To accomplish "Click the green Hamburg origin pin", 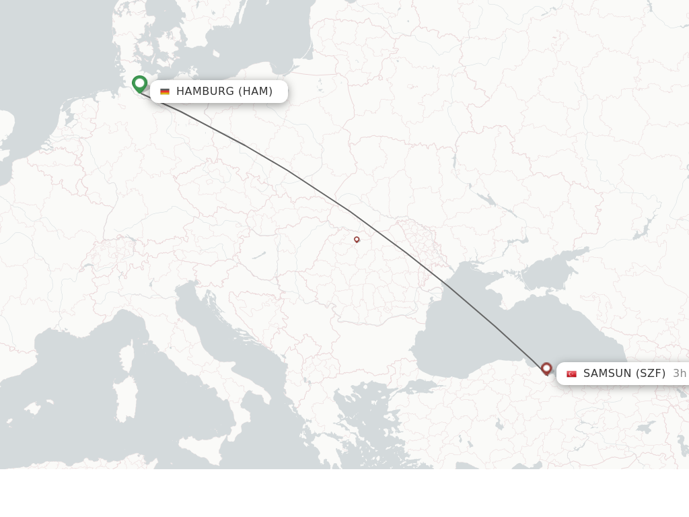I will (x=140, y=83).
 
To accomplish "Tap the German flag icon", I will (x=165, y=92).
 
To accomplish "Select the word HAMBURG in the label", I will (x=205, y=92).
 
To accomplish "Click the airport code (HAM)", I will (x=256, y=92).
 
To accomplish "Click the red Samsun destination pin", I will (x=546, y=368).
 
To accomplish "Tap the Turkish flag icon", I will (x=572, y=374).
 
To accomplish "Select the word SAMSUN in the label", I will (x=608, y=374).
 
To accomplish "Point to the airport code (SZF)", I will (x=651, y=374).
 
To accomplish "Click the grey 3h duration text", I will (x=680, y=374).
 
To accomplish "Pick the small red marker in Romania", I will (x=357, y=239).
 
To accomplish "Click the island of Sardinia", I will (x=126, y=398).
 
